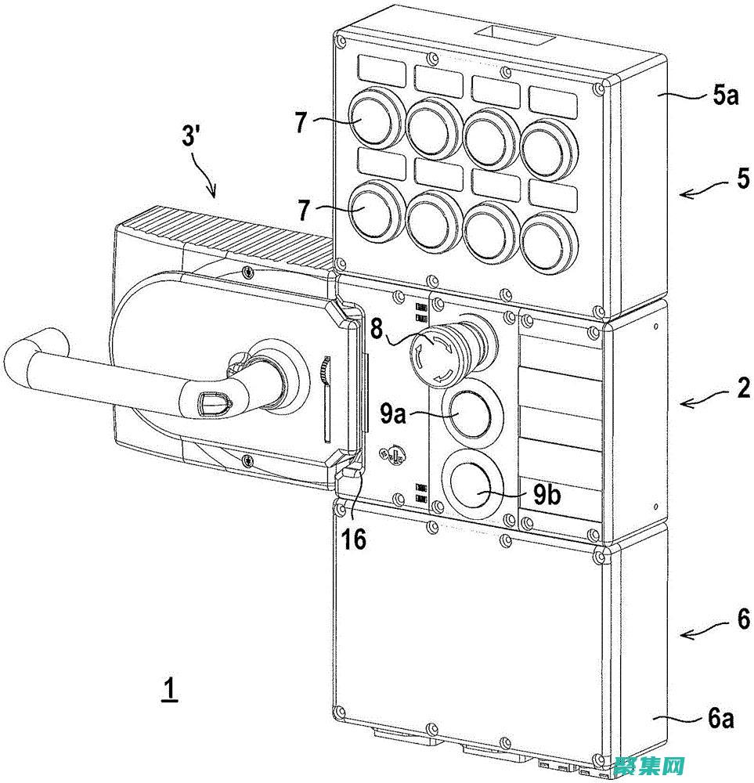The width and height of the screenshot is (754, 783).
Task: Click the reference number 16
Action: coord(354,540)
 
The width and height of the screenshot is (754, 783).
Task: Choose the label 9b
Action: coord(547,496)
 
